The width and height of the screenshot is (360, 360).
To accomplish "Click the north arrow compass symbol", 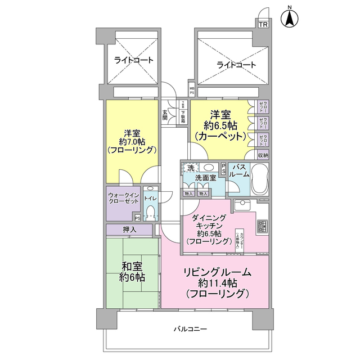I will [290, 17].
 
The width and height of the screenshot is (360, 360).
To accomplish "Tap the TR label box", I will [263, 24].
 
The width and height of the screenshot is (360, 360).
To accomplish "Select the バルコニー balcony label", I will [190, 328].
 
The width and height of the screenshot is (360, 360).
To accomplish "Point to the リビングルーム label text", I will [217, 272].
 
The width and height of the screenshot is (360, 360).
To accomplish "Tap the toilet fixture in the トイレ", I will [150, 211].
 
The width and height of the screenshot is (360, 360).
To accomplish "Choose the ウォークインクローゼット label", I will [123, 200].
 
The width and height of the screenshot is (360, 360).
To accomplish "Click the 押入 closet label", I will [129, 229].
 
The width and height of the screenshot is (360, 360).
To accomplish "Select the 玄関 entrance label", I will [165, 115].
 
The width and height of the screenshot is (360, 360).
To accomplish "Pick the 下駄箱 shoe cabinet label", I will [183, 115].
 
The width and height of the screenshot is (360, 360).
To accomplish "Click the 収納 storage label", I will [263, 155].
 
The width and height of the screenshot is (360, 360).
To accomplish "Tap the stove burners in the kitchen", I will [263, 226].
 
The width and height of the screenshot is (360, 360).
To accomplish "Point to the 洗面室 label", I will [206, 178].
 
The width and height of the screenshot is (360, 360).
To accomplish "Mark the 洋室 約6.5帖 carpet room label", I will [220, 126].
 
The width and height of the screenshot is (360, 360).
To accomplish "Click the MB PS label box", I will [192, 90].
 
